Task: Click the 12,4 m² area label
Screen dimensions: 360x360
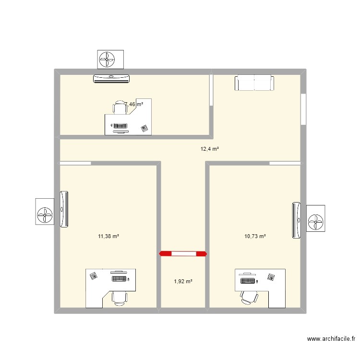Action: tap(210, 149)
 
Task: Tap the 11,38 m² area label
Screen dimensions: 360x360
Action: tap(108, 236)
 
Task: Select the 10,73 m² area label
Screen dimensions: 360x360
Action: tap(255, 236)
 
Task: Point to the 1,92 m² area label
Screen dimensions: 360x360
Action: tap(183, 281)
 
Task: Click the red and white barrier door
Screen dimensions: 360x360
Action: tap(183, 253)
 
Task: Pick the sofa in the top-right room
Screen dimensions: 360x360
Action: tap(254, 83)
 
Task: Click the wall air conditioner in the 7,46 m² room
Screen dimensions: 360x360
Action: tap(111, 79)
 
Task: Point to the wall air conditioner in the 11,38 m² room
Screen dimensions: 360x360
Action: tap(64, 210)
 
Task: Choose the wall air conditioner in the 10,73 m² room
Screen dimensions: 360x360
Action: tap(297, 220)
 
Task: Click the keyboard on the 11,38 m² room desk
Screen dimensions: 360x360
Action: tap(120, 278)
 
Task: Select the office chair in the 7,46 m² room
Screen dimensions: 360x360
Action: tap(120, 108)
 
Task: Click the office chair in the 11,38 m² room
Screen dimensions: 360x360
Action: tap(119, 298)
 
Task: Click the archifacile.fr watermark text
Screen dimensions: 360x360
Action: tap(331, 339)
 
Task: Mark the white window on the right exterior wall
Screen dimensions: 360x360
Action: tap(303, 109)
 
